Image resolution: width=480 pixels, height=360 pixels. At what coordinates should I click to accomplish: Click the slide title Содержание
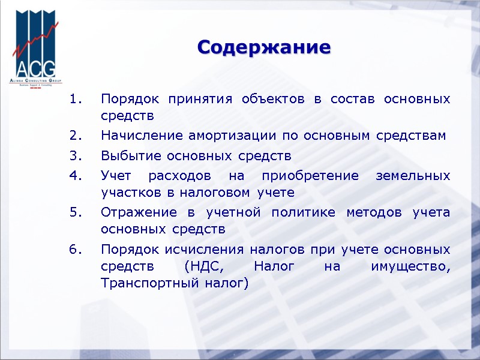[x=264, y=47]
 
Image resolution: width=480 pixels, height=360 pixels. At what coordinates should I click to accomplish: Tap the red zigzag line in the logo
[x=36, y=42]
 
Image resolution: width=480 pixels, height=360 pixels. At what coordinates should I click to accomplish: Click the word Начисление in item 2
[x=137, y=136]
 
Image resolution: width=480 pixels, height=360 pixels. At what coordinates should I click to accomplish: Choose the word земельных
[x=412, y=177]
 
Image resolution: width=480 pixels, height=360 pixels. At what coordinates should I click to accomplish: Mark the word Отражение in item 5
[x=139, y=213]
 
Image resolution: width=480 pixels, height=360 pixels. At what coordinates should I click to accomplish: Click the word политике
[x=303, y=213]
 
